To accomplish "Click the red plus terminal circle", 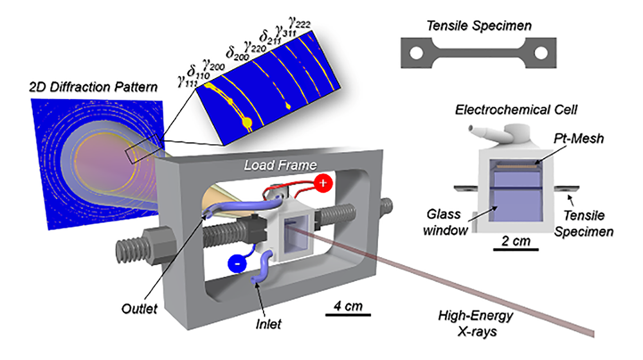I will (x=323, y=183).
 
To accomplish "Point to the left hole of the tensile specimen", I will (x=417, y=52).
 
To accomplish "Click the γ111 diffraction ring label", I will (x=188, y=80).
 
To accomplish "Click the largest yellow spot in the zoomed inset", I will (x=246, y=122).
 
